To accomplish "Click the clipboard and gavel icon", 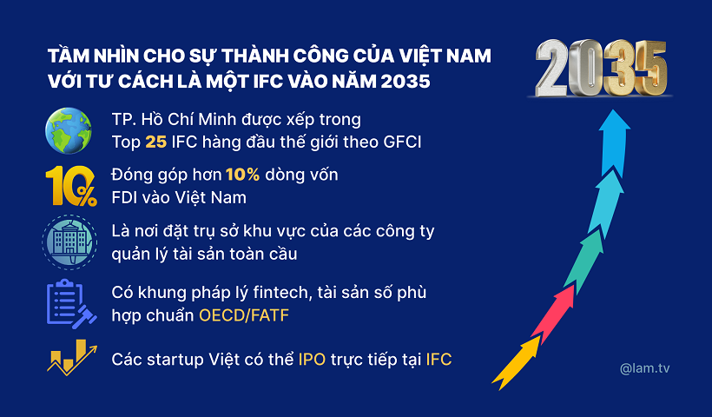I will (70, 303).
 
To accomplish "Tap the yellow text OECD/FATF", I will (244, 314).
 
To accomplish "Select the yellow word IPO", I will (312, 359).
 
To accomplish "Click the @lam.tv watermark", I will (645, 368).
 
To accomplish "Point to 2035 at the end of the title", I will (405, 82).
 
